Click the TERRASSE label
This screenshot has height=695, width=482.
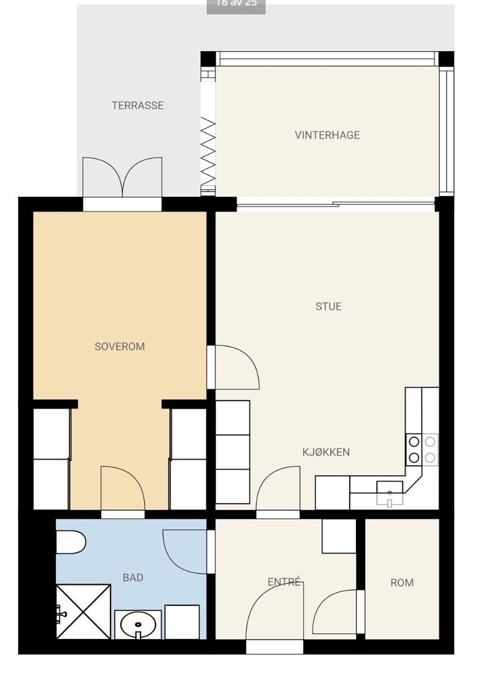(x=137, y=105)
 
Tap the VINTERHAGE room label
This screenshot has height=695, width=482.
(x=327, y=135)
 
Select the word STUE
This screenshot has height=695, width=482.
(x=328, y=306)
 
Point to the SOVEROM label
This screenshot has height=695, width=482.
(x=120, y=347)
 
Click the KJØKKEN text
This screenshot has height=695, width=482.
(x=326, y=453)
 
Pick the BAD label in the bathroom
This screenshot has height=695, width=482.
(x=133, y=578)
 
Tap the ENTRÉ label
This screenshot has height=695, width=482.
(x=284, y=582)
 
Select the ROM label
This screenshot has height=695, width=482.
(x=402, y=582)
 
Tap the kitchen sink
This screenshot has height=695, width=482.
(x=389, y=493)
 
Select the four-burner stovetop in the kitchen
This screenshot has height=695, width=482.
(x=422, y=449)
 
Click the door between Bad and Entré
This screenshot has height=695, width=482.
(x=186, y=551)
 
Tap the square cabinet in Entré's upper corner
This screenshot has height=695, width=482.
(x=339, y=536)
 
